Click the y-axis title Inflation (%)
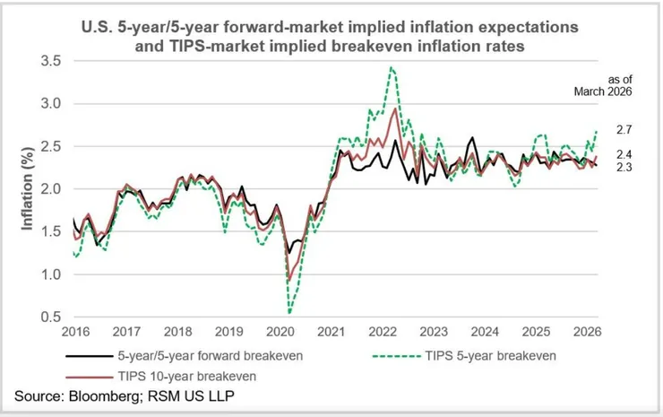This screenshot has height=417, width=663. pyautogui.click(x=28, y=189)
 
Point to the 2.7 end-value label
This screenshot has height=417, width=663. pyautogui.click(x=624, y=131)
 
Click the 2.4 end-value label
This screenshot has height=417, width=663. pyautogui.click(x=624, y=154)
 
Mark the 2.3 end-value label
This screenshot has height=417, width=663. pyautogui.click(x=624, y=167)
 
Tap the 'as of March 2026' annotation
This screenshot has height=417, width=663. pyautogui.click(x=611, y=84)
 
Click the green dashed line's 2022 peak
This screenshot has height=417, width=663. pyautogui.click(x=391, y=67)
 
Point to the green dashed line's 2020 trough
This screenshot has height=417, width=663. pyautogui.click(x=290, y=313)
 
